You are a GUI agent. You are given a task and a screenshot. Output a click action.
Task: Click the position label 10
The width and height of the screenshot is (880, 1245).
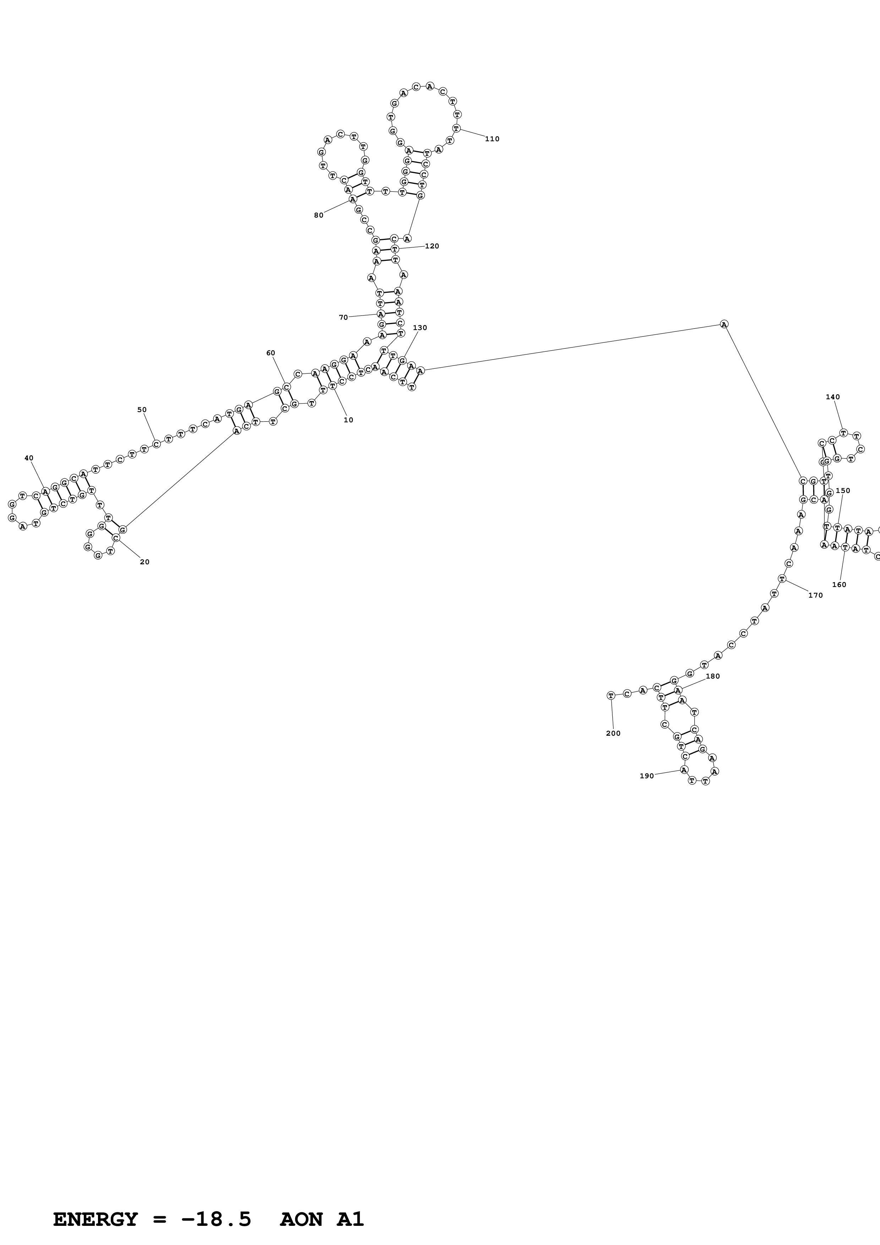(348, 420)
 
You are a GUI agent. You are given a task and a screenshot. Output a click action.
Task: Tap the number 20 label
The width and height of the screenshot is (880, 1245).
(144, 562)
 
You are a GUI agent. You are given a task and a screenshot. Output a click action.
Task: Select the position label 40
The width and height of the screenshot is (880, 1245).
(29, 458)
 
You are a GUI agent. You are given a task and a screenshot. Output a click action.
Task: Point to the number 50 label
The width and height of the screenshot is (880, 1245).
(142, 410)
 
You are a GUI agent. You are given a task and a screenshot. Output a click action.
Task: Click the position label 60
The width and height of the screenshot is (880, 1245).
(270, 353)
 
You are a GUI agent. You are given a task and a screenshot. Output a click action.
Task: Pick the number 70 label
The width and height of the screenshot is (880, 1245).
(343, 317)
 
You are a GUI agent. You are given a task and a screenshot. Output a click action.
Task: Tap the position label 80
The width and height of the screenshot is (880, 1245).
(318, 215)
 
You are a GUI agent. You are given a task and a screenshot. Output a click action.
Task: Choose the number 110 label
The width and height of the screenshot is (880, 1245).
(492, 139)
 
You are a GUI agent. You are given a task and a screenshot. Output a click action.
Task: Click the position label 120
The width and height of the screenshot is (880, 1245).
(432, 246)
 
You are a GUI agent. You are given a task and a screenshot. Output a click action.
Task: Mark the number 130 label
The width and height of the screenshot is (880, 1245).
(420, 328)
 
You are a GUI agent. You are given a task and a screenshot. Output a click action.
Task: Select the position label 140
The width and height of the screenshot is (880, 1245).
(832, 397)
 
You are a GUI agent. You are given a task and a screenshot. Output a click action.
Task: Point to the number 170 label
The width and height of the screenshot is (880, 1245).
(815, 596)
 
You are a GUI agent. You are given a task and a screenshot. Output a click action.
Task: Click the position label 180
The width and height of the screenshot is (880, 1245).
(712, 676)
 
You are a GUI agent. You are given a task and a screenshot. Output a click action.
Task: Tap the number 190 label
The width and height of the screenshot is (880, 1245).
(646, 776)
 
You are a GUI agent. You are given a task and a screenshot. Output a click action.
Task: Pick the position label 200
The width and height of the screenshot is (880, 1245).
(613, 734)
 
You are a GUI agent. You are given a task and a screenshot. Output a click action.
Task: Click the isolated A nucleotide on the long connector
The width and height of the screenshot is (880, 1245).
(724, 324)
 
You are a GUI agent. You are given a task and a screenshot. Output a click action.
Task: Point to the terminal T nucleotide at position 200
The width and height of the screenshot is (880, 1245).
(611, 695)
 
